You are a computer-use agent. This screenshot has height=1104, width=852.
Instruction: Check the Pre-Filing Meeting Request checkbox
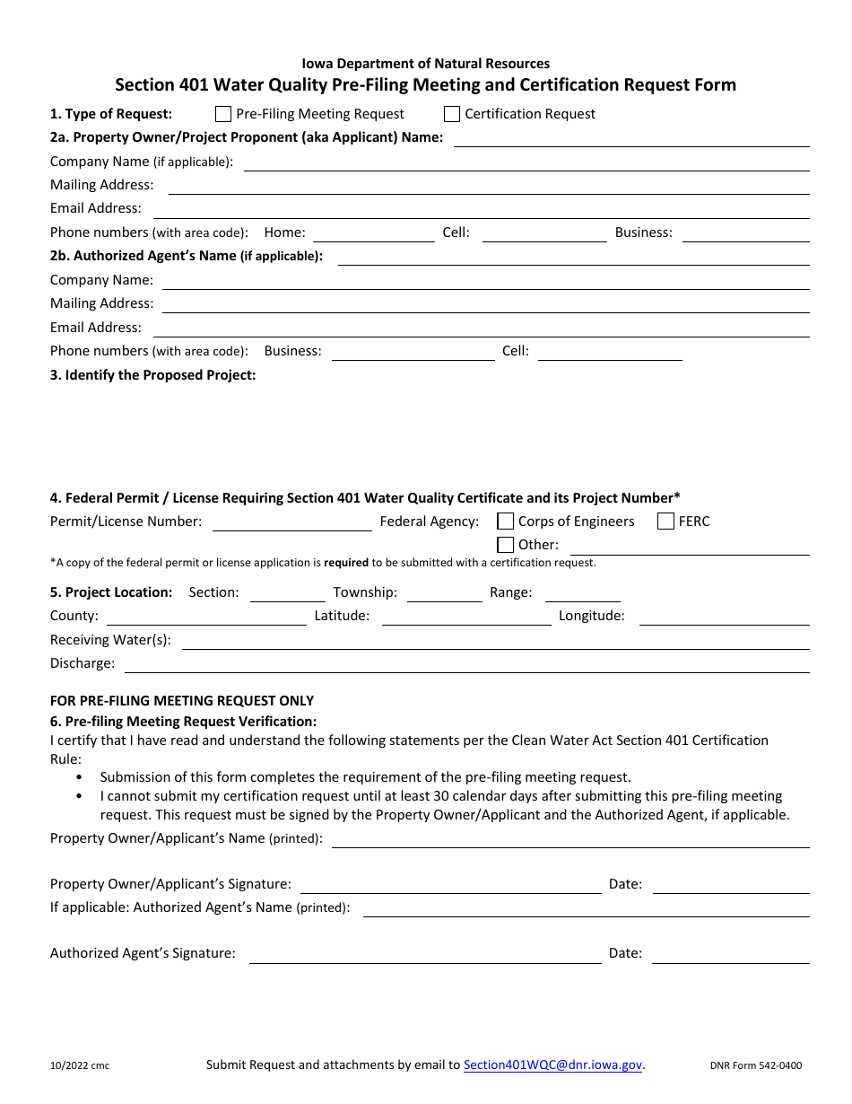tap(223, 114)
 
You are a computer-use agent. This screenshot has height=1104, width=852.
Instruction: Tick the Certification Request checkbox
tap(452, 114)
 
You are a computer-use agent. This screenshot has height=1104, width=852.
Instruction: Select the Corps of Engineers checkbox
tap(506, 521)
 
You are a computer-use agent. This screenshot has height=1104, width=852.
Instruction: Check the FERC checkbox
tap(665, 521)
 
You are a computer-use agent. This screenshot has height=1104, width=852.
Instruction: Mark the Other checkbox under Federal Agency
tap(506, 545)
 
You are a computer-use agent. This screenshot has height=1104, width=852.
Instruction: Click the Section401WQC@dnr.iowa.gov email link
tap(552, 1065)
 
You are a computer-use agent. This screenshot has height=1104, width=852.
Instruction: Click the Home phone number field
tap(373, 234)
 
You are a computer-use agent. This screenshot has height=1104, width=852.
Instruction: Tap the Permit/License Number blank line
tap(291, 523)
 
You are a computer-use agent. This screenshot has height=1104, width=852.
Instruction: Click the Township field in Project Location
tap(444, 594)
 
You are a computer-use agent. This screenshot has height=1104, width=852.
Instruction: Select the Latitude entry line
tap(466, 618)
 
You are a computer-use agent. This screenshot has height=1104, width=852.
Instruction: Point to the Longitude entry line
tap(724, 618)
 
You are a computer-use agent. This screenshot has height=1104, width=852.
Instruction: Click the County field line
tap(206, 618)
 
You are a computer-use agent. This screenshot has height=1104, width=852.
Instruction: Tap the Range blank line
tap(582, 594)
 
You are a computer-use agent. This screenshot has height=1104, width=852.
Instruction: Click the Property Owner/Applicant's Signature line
tap(450, 886)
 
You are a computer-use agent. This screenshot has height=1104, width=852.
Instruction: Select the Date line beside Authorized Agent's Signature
tap(730, 955)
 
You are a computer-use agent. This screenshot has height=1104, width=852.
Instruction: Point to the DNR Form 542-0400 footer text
tap(755, 1066)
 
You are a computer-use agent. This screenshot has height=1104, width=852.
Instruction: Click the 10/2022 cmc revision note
tap(80, 1066)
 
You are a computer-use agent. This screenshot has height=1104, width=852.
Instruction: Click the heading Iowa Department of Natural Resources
tap(426, 64)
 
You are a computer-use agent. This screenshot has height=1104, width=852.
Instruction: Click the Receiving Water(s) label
tap(110, 641)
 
